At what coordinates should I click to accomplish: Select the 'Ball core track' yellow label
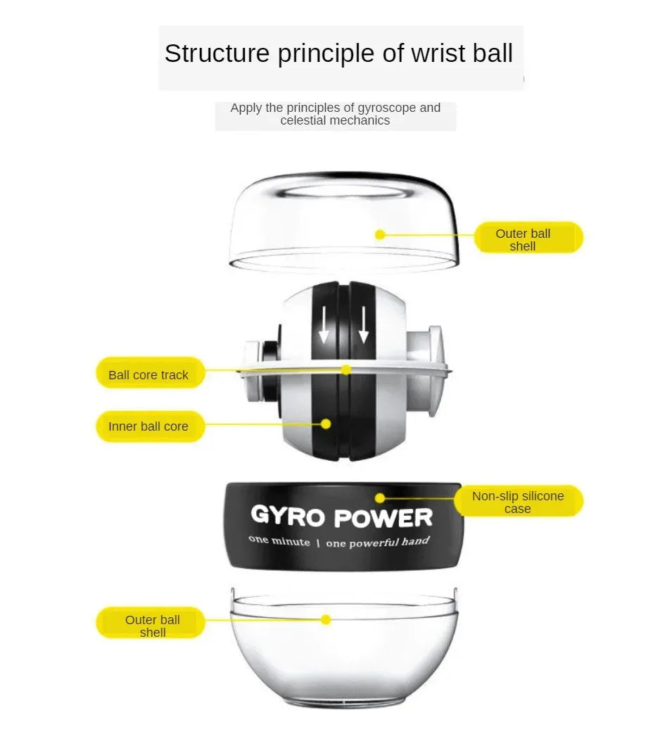(x=148, y=375)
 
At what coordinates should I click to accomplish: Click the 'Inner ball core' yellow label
(x=148, y=426)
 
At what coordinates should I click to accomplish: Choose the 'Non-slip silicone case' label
(x=518, y=502)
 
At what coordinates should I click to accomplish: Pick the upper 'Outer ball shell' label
(x=523, y=239)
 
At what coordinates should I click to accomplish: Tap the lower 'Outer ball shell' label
(x=153, y=626)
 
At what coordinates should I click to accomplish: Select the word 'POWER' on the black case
(x=383, y=519)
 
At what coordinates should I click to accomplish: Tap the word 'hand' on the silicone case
(x=416, y=541)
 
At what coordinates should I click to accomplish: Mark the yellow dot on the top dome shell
(x=380, y=234)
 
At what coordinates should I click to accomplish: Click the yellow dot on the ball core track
(x=346, y=369)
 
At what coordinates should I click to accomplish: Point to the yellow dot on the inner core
(x=326, y=424)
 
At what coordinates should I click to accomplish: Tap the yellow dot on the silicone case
(x=380, y=498)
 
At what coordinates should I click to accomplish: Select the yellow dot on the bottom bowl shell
(x=326, y=619)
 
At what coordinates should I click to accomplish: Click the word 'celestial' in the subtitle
(x=303, y=120)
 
